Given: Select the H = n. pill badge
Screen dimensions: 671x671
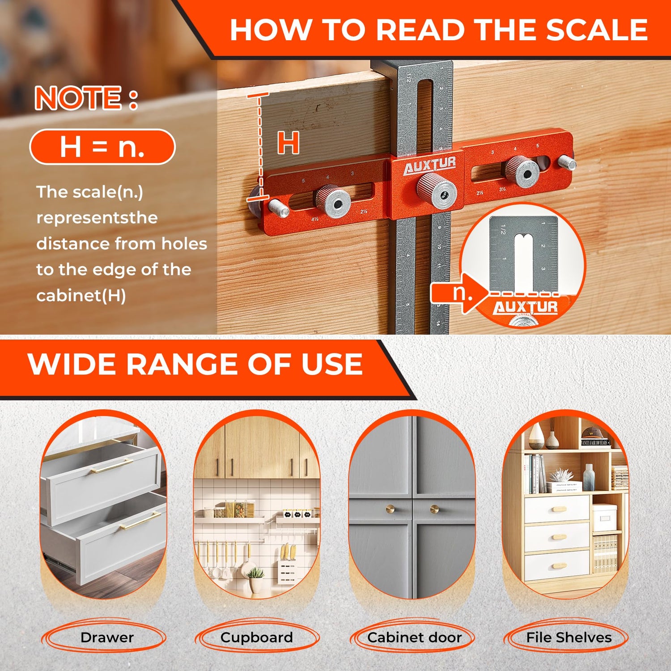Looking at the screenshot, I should click(102, 147).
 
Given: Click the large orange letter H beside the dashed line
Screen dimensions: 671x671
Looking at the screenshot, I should click(288, 143).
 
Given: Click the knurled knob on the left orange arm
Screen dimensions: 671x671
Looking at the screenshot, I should click(333, 202).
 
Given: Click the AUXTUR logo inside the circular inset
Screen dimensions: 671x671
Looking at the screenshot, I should click(525, 307).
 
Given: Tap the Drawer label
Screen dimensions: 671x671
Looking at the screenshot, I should click(107, 637).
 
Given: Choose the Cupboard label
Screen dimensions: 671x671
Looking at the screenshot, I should click(256, 637).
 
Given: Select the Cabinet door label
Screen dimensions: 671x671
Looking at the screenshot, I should click(414, 637).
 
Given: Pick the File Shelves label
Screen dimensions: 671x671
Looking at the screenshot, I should click(569, 637).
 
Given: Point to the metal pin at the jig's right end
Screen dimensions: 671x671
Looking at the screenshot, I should click(567, 162).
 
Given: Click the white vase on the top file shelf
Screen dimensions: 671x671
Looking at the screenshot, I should click(536, 437).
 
